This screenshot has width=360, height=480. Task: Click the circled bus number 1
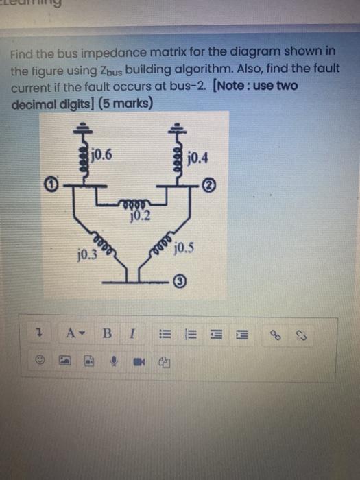(x=51, y=183)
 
